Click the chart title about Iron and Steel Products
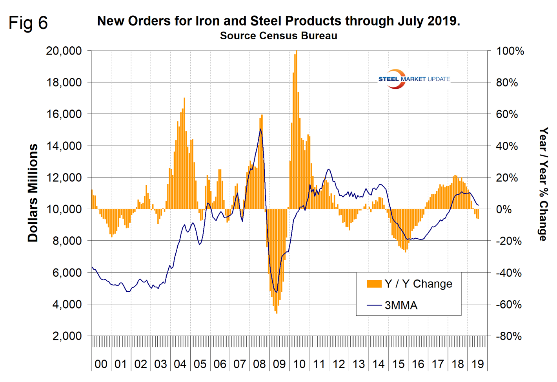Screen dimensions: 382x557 tap(278, 21)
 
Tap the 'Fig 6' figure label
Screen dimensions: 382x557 tap(28, 23)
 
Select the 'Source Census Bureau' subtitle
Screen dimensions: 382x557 tap(278, 36)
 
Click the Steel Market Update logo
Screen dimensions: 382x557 tap(414, 79)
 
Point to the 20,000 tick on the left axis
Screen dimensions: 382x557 tap(64, 51)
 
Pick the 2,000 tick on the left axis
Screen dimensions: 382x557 tap(67, 336)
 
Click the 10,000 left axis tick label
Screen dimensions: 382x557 tap(64, 209)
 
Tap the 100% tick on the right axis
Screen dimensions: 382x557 tap(510, 51)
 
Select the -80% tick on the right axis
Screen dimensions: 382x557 tap(509, 336)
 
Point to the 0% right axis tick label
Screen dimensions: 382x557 tap(504, 209)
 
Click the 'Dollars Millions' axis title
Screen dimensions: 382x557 tap(33, 193)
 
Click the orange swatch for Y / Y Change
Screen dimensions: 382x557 tap(374, 284)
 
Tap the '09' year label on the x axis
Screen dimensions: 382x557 tap(279, 364)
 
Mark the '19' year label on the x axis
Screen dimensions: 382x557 tap(477, 364)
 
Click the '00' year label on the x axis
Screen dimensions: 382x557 tap(101, 364)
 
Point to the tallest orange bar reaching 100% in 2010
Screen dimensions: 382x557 tap(297, 130)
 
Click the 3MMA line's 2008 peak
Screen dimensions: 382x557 tap(260, 129)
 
